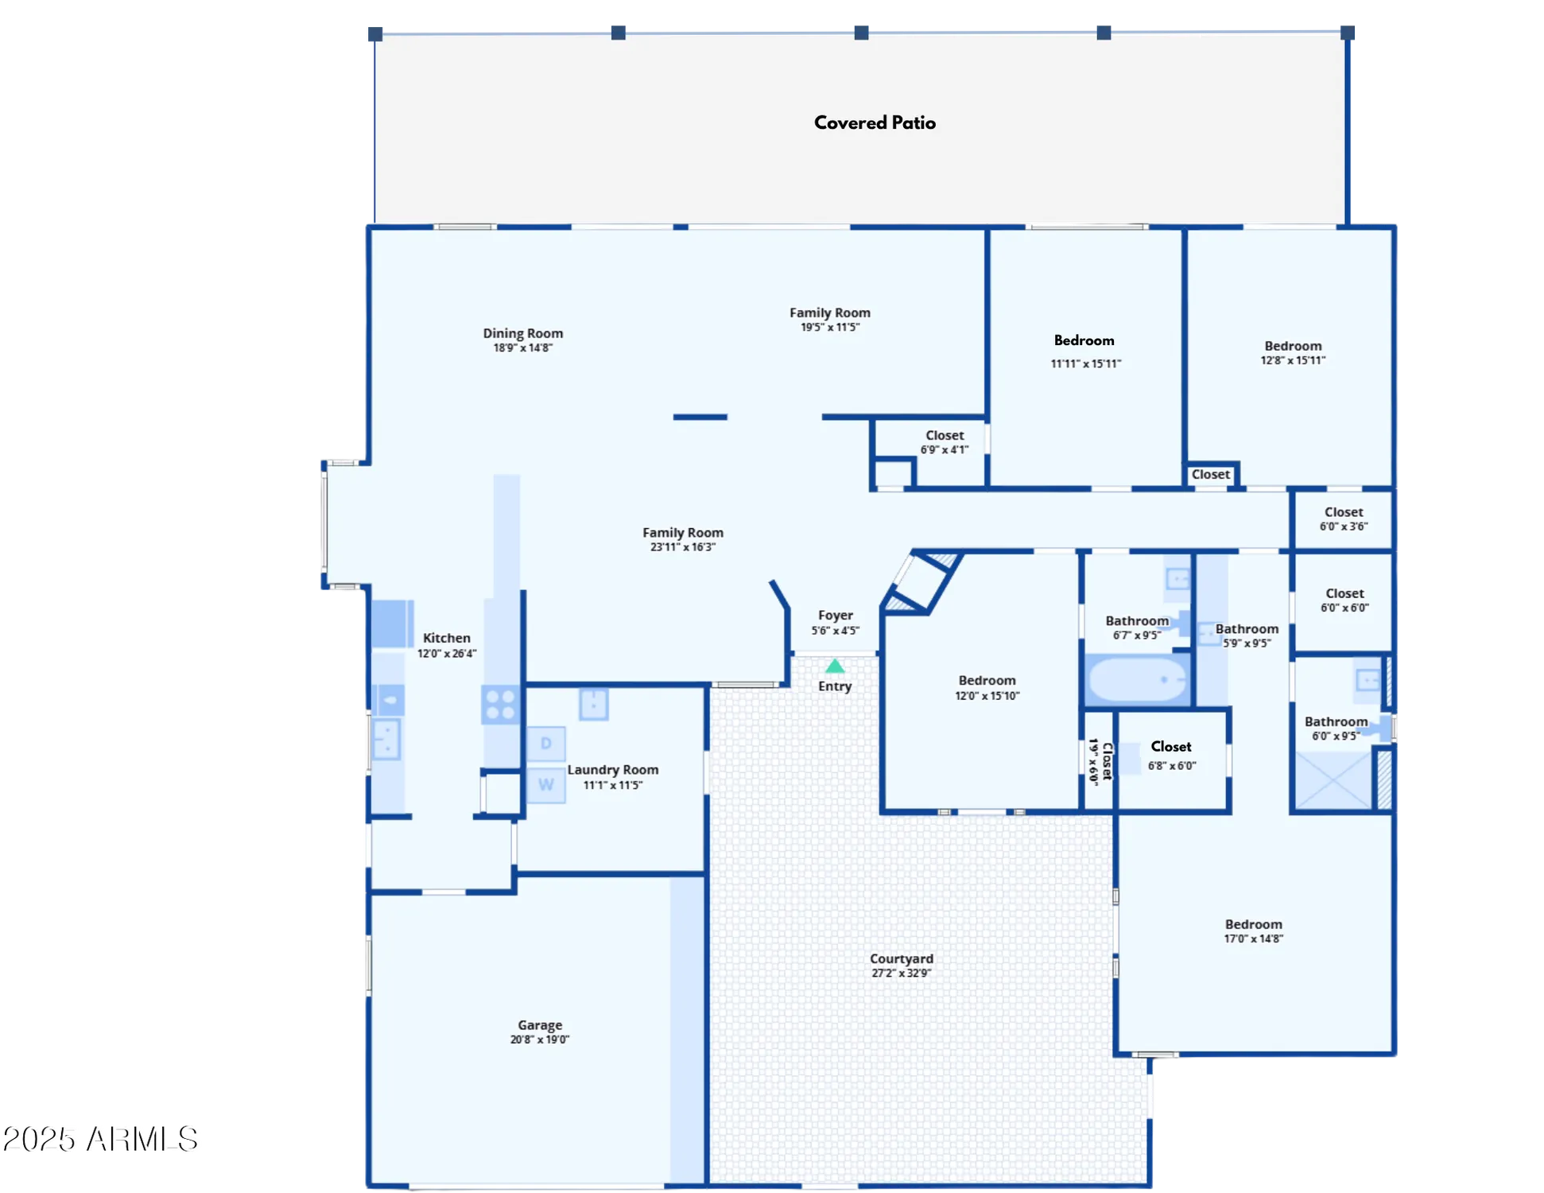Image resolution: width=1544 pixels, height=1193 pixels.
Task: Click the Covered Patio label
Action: pyautogui.click(x=875, y=122)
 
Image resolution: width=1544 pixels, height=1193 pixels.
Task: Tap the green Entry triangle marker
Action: pyautogui.click(x=834, y=666)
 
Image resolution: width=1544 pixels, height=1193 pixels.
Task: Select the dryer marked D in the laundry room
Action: pyautogui.click(x=546, y=744)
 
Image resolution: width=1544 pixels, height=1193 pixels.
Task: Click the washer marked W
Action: pyautogui.click(x=546, y=785)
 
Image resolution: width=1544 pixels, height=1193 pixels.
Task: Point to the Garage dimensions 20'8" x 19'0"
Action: pyautogui.click(x=540, y=1040)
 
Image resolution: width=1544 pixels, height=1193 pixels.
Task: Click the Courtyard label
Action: pyautogui.click(x=901, y=958)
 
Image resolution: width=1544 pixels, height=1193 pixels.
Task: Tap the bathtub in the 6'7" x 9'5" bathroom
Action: pyautogui.click(x=1137, y=680)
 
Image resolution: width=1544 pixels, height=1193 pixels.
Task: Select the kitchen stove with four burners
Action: pyautogui.click(x=500, y=705)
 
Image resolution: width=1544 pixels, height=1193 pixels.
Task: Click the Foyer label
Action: pyautogui.click(x=835, y=615)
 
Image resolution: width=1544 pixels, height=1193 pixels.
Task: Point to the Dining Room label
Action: pyautogui.click(x=522, y=333)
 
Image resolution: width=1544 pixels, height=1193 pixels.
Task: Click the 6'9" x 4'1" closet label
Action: pyautogui.click(x=945, y=435)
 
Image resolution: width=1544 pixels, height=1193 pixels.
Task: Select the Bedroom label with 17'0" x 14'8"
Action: pyautogui.click(x=1253, y=924)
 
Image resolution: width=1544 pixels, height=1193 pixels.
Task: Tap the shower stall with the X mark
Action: pyautogui.click(x=1333, y=780)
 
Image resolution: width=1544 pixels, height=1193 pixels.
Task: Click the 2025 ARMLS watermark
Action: pyautogui.click(x=103, y=1139)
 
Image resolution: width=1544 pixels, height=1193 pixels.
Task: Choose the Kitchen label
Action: pyautogui.click(x=446, y=638)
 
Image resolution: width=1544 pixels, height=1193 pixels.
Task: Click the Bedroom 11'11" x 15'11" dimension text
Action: pyautogui.click(x=1085, y=363)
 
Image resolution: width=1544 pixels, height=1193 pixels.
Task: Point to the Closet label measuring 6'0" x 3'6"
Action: pyautogui.click(x=1344, y=512)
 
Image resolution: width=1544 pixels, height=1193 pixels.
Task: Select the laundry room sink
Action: pyautogui.click(x=593, y=705)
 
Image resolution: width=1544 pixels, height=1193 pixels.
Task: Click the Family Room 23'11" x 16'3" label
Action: pyautogui.click(x=682, y=533)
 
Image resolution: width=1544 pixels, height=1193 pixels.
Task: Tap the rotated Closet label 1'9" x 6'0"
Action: pyautogui.click(x=1100, y=761)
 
